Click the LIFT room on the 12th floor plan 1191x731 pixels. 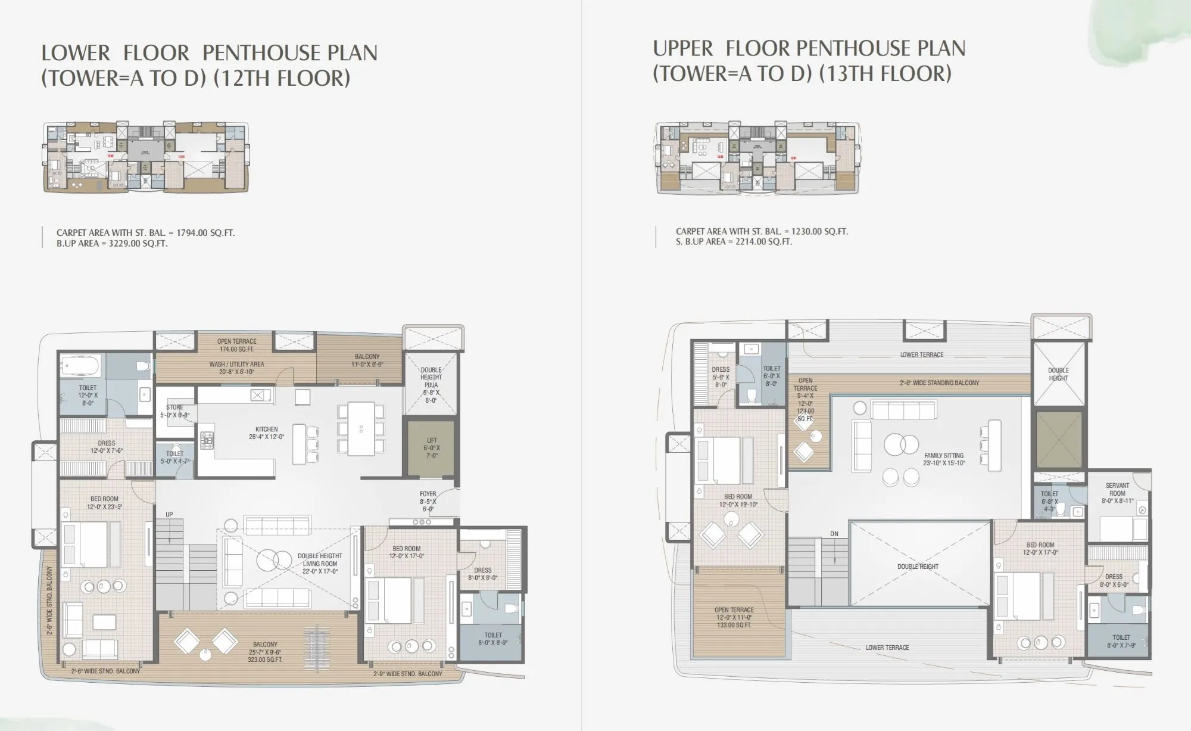(x=431, y=448)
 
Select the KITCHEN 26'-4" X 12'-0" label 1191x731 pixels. (x=266, y=433)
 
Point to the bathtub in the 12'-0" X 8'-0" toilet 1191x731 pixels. (x=82, y=365)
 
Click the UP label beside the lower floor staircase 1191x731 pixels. (x=169, y=514)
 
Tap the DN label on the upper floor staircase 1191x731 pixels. (x=834, y=534)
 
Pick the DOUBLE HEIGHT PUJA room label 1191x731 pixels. (x=431, y=385)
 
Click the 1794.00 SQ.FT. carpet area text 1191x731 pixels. (x=146, y=233)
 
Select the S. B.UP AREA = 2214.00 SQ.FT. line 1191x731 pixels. (x=734, y=242)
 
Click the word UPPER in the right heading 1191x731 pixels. (x=682, y=48)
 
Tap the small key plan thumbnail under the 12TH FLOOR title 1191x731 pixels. (x=146, y=157)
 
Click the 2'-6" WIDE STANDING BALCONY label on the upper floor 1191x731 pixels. (x=939, y=383)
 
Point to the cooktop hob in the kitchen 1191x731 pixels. (x=207, y=440)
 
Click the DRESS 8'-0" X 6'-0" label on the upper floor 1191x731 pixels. (x=1114, y=580)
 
